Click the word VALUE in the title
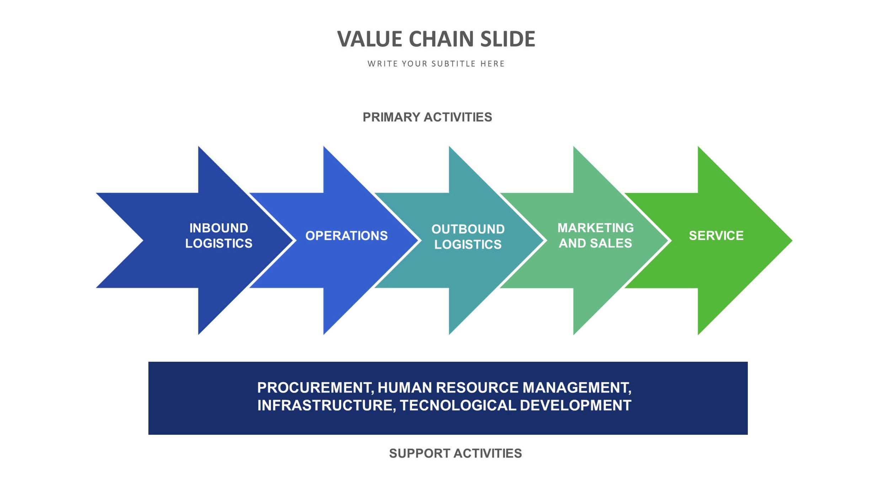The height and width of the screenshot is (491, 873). point(369,39)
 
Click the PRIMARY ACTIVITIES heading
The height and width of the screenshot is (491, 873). point(427,117)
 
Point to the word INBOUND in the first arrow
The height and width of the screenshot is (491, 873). point(219,228)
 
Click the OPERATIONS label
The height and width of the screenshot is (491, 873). point(346,236)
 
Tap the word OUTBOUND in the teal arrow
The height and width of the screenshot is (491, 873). point(468,229)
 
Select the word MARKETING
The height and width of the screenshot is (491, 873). point(595,228)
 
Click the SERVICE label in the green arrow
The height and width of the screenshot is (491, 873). point(716,236)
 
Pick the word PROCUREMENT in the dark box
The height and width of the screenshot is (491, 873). point(315,388)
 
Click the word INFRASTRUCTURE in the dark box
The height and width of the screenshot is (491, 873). point(325,405)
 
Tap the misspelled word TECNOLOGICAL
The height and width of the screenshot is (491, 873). point(458,405)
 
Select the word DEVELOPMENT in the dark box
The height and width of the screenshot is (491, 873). point(575,405)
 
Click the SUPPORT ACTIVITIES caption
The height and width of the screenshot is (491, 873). point(455,453)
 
